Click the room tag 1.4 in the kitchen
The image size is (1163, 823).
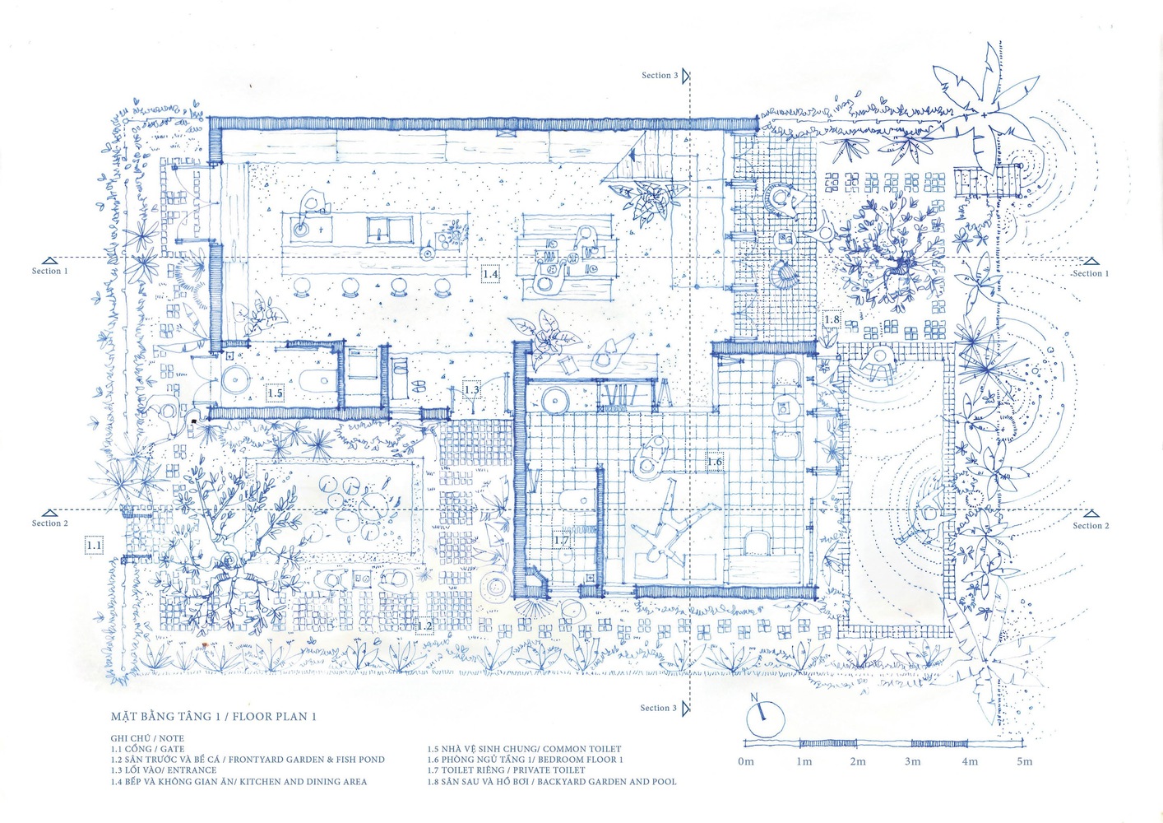pos(490,273)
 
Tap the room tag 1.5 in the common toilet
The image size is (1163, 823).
pos(275,393)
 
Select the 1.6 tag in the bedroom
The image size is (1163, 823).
pos(715,462)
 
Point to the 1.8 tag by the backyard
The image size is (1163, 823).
pos(832,319)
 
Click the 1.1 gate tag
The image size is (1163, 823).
pos(94,546)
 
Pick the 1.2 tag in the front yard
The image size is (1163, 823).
pos(424,626)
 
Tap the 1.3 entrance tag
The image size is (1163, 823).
pos(471,389)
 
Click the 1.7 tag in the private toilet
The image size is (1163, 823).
pos(561,541)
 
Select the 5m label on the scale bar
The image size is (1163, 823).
pos(1024,762)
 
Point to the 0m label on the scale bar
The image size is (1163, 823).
pos(745,762)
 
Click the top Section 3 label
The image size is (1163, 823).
pos(660,76)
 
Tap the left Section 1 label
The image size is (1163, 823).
pos(50,271)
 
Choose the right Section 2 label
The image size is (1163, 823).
pos(1091,525)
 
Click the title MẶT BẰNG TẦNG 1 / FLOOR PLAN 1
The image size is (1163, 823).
pos(213,716)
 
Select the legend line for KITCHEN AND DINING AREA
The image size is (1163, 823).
pos(239,781)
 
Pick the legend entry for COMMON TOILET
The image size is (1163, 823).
pos(524,749)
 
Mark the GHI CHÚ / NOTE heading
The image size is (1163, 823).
pos(147,737)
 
